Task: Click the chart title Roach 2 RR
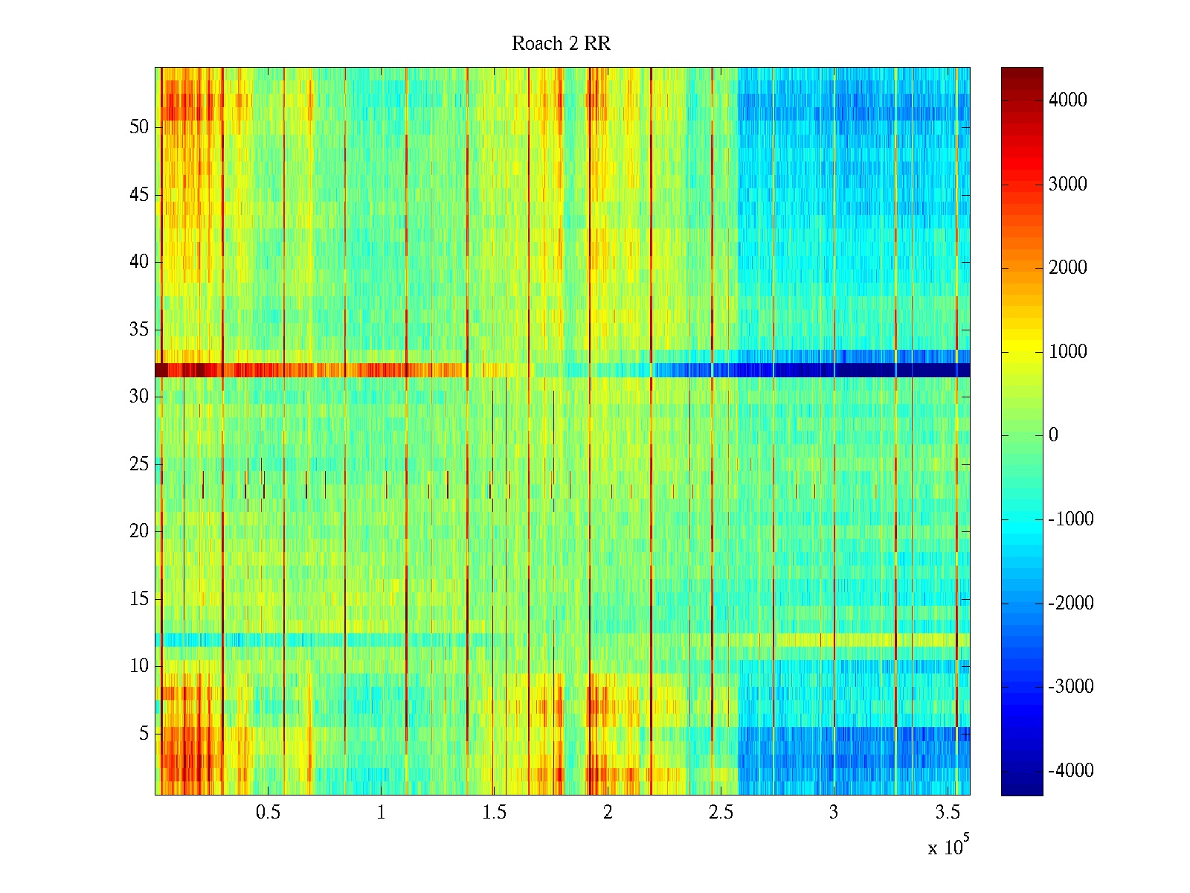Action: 561,44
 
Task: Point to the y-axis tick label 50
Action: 139,127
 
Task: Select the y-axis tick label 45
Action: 139,195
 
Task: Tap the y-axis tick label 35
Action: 139,330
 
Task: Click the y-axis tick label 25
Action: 139,464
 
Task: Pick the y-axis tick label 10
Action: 139,666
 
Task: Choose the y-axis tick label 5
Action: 144,734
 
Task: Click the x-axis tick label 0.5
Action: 268,813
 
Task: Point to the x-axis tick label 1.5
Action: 494,813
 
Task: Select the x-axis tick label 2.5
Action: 721,813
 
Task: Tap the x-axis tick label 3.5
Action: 947,813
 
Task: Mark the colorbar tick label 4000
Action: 1067,100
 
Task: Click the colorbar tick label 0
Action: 1053,435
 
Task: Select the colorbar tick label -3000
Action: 1070,687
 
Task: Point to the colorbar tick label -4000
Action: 1070,771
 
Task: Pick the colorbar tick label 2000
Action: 1067,268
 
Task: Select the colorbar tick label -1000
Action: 1070,519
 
